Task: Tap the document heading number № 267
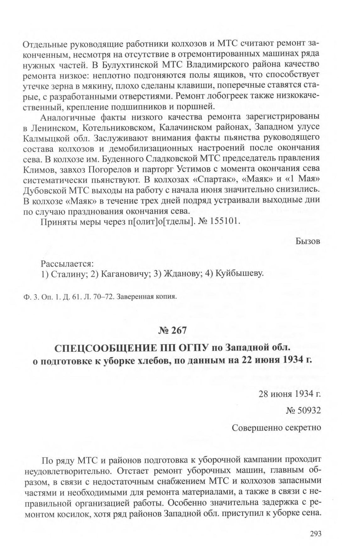click(172, 330)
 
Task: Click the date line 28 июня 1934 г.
click(289, 394)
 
